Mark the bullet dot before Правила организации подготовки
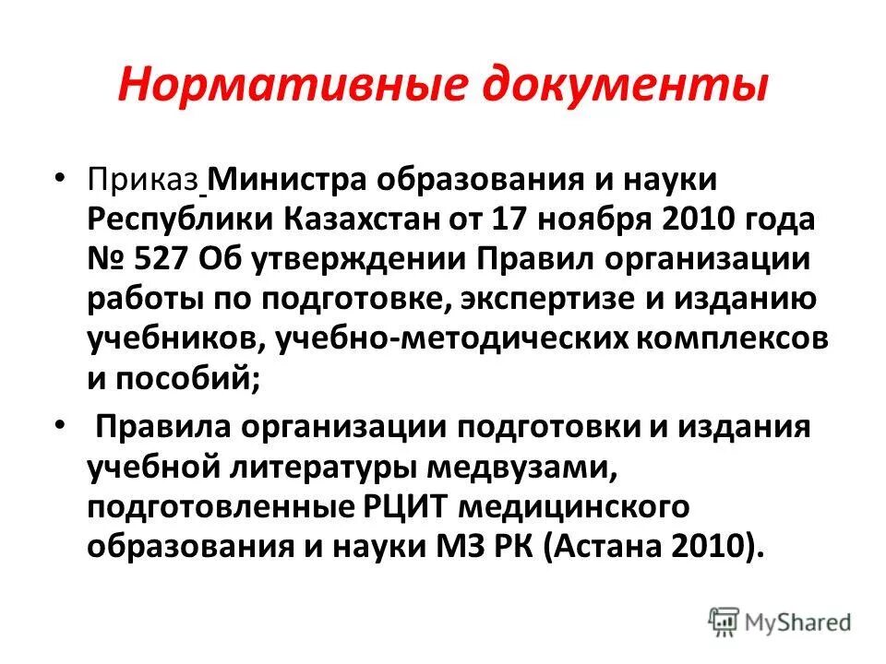click(60, 426)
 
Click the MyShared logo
click(779, 621)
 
